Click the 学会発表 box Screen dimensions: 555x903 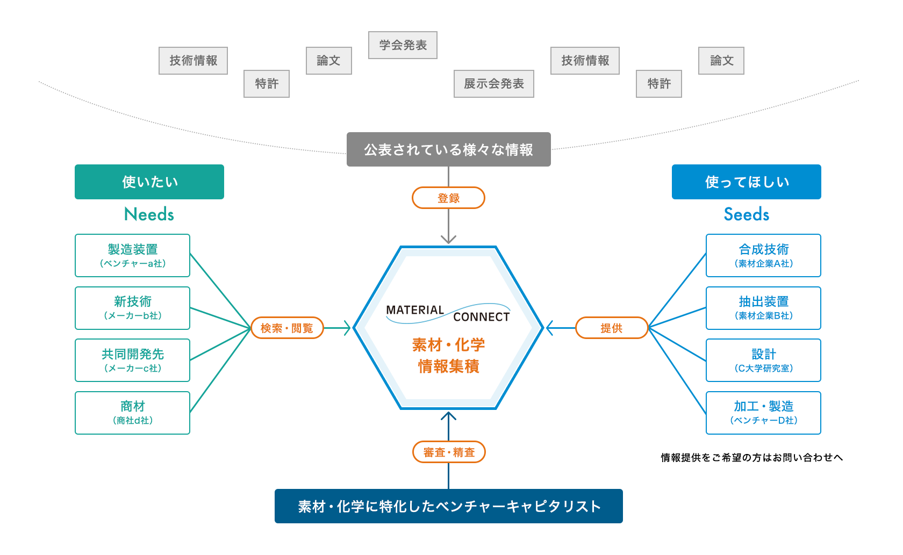[403, 45]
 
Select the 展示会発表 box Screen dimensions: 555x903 [493, 84]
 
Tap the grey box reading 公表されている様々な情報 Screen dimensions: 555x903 [448, 149]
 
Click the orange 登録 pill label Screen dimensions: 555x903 [448, 198]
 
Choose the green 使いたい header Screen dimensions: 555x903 [149, 182]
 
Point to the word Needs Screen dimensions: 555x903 [149, 214]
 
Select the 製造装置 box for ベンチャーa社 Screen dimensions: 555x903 [132, 255]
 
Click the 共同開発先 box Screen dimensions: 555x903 [132, 360]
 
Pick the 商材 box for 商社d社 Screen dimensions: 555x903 [132, 413]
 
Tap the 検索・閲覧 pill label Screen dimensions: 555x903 [286, 328]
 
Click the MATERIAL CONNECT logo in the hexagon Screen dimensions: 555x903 [448, 313]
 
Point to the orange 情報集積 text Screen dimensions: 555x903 [448, 366]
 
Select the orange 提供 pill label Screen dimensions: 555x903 [611, 328]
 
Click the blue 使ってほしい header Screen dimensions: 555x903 [746, 182]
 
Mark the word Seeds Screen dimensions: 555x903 [746, 214]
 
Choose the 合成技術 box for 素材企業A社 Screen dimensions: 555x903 [763, 255]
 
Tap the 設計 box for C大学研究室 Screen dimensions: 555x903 [763, 360]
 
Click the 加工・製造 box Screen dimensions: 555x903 [763, 413]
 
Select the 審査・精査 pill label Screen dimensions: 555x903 [449, 452]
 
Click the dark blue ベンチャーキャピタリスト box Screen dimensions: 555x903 [448, 506]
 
